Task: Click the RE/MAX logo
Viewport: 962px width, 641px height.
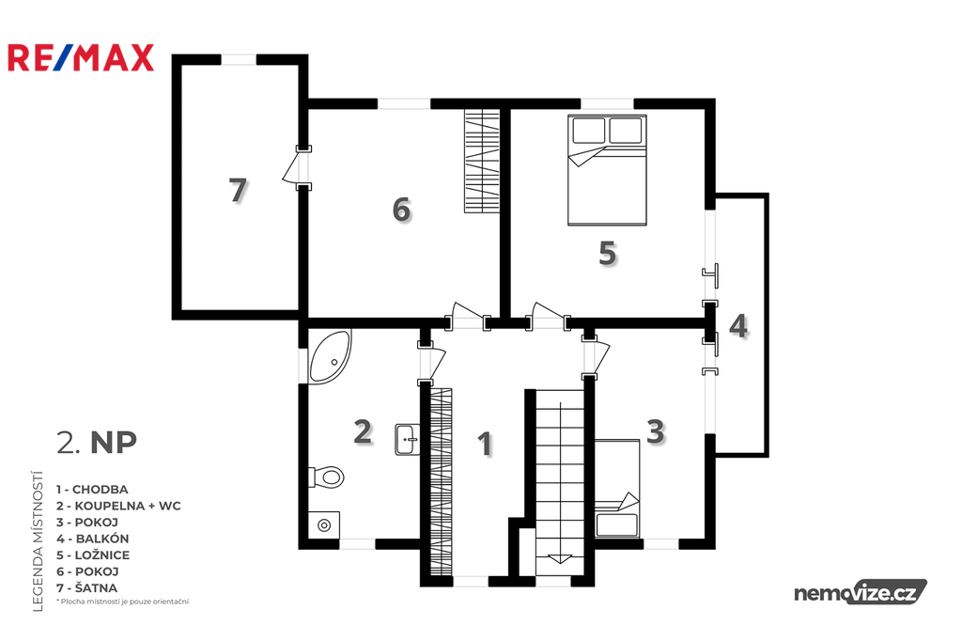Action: pyautogui.click(x=81, y=58)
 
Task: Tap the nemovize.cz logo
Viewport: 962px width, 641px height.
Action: pyautogui.click(x=861, y=592)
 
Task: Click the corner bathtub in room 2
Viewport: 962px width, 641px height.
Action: pyautogui.click(x=330, y=357)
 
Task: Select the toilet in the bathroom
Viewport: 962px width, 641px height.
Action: pyautogui.click(x=326, y=477)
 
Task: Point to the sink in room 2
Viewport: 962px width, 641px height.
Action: pyautogui.click(x=407, y=439)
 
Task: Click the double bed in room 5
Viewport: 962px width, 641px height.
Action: pyautogui.click(x=607, y=170)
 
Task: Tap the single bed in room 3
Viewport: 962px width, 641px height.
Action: pyautogui.click(x=617, y=489)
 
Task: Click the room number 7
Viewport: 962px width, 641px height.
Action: pyautogui.click(x=238, y=191)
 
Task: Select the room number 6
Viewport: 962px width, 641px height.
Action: pyautogui.click(x=401, y=210)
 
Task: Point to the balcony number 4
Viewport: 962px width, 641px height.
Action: pyautogui.click(x=738, y=326)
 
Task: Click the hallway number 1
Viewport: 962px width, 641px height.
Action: pyautogui.click(x=485, y=444)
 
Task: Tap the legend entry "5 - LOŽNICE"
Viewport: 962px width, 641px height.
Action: pyautogui.click(x=93, y=555)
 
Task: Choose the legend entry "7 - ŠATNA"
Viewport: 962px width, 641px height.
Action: pyautogui.click(x=86, y=587)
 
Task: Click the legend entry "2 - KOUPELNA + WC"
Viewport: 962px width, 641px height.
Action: pyautogui.click(x=118, y=506)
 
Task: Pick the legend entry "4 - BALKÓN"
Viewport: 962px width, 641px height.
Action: pyautogui.click(x=93, y=539)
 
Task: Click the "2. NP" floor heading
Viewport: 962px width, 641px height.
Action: pyautogui.click(x=97, y=442)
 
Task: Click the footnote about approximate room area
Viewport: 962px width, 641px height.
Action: pyautogui.click(x=122, y=602)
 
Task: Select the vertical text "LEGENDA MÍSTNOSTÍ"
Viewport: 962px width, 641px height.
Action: pyautogui.click(x=38, y=541)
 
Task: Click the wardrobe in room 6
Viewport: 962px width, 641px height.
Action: pyautogui.click(x=482, y=161)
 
